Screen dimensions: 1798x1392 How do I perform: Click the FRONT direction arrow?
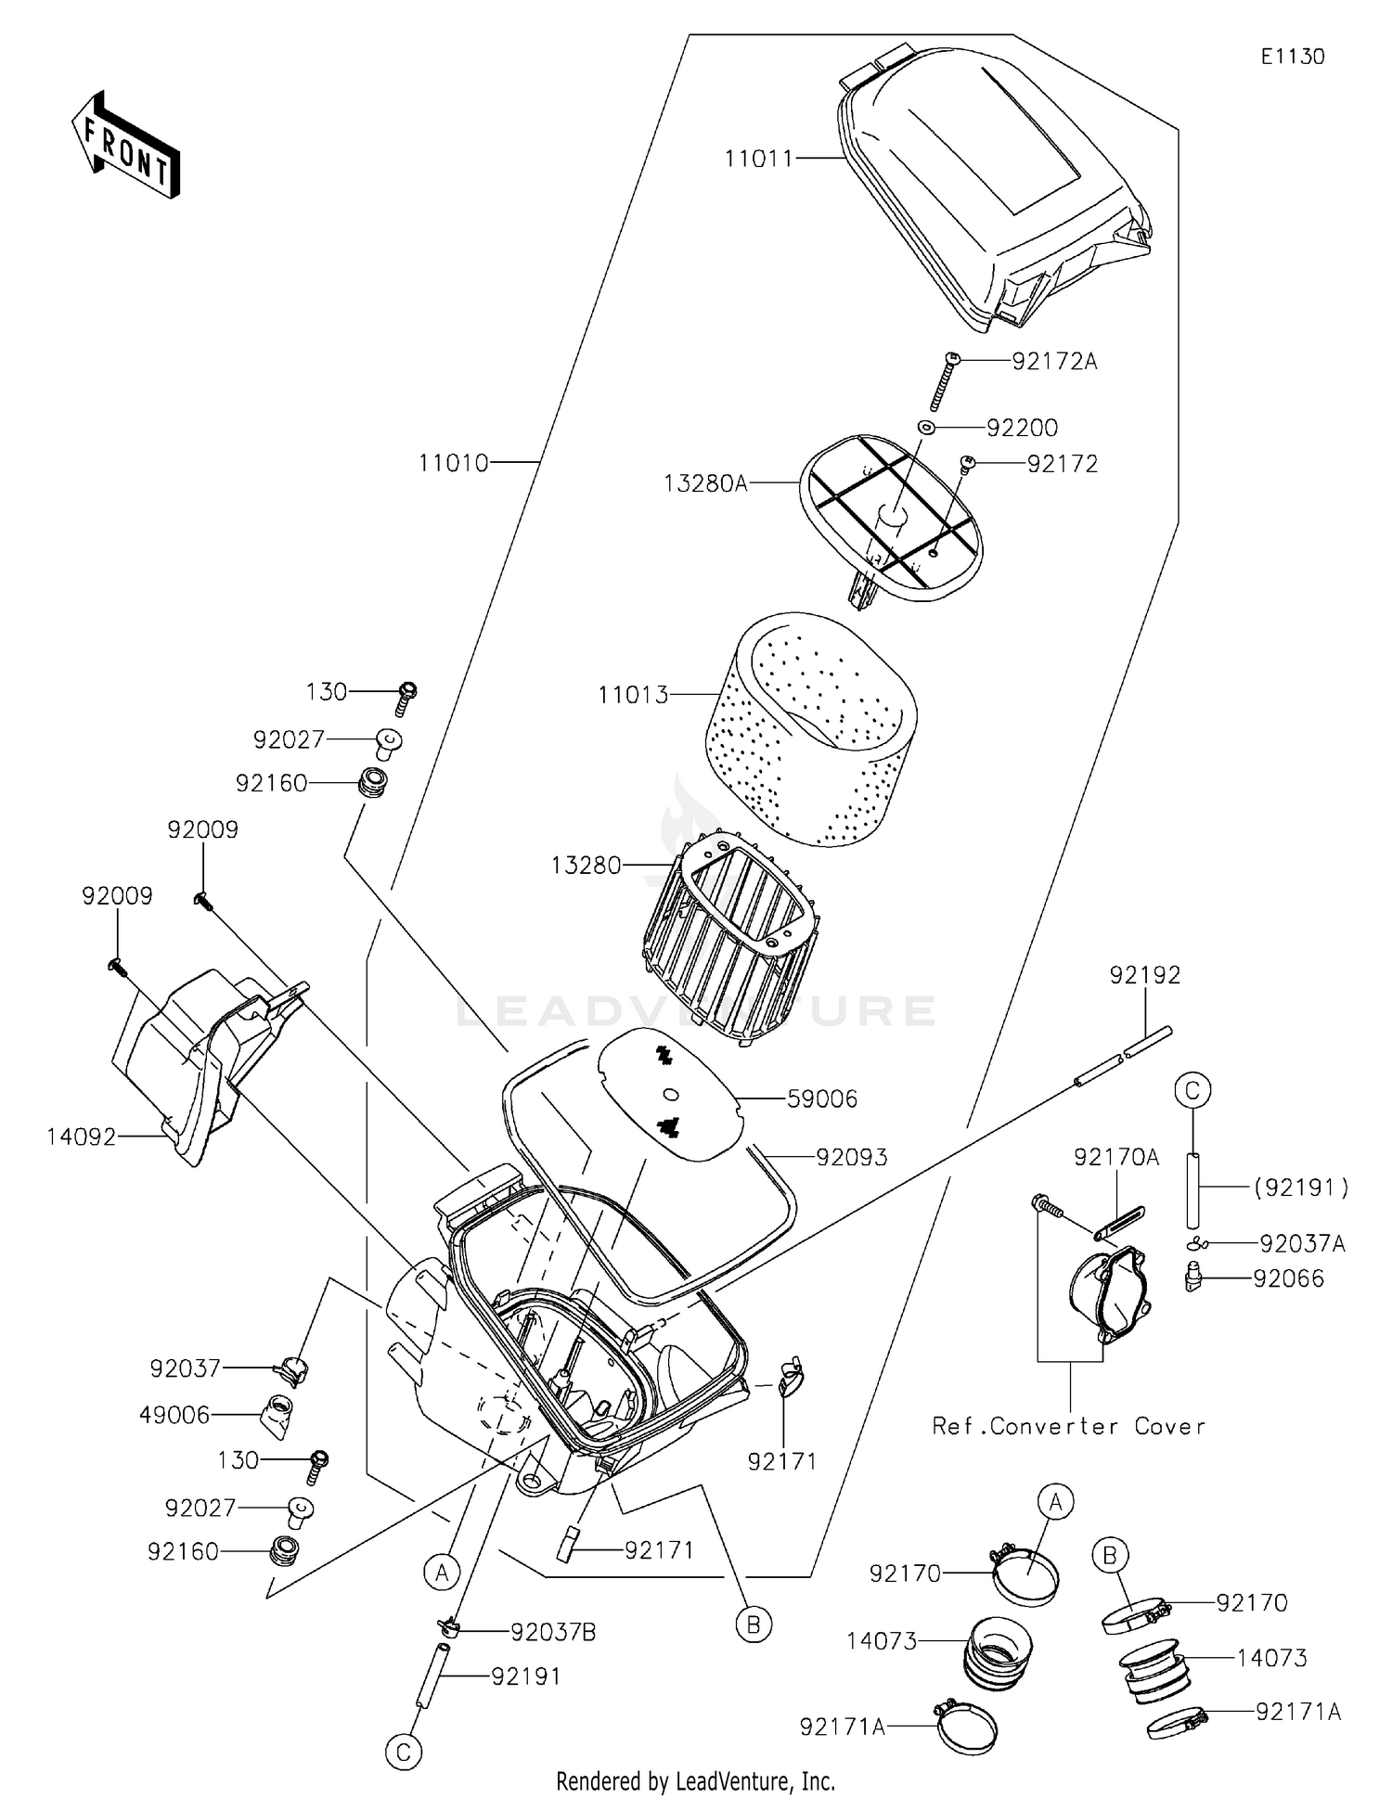(125, 146)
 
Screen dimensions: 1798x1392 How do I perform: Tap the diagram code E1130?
(1292, 57)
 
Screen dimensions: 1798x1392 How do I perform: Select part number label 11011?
(759, 159)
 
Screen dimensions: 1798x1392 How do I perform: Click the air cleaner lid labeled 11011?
(993, 195)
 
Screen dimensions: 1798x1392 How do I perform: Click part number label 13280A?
(705, 483)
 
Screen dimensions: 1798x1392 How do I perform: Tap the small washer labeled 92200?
(925, 427)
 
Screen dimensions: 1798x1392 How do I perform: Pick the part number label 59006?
(822, 1099)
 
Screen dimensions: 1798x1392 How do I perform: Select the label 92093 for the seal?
(852, 1157)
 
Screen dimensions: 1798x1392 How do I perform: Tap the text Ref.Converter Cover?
(1069, 1426)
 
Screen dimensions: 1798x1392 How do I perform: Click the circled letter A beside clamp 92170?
(1055, 1500)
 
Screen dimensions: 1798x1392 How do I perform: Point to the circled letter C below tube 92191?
(404, 1753)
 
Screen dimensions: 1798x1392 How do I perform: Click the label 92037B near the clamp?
(553, 1633)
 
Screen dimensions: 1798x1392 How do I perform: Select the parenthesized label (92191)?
(1300, 1187)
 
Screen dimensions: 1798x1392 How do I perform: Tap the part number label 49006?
(174, 1415)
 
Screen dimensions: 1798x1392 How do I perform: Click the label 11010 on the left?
(453, 462)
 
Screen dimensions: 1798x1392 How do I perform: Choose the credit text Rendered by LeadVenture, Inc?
(695, 1781)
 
